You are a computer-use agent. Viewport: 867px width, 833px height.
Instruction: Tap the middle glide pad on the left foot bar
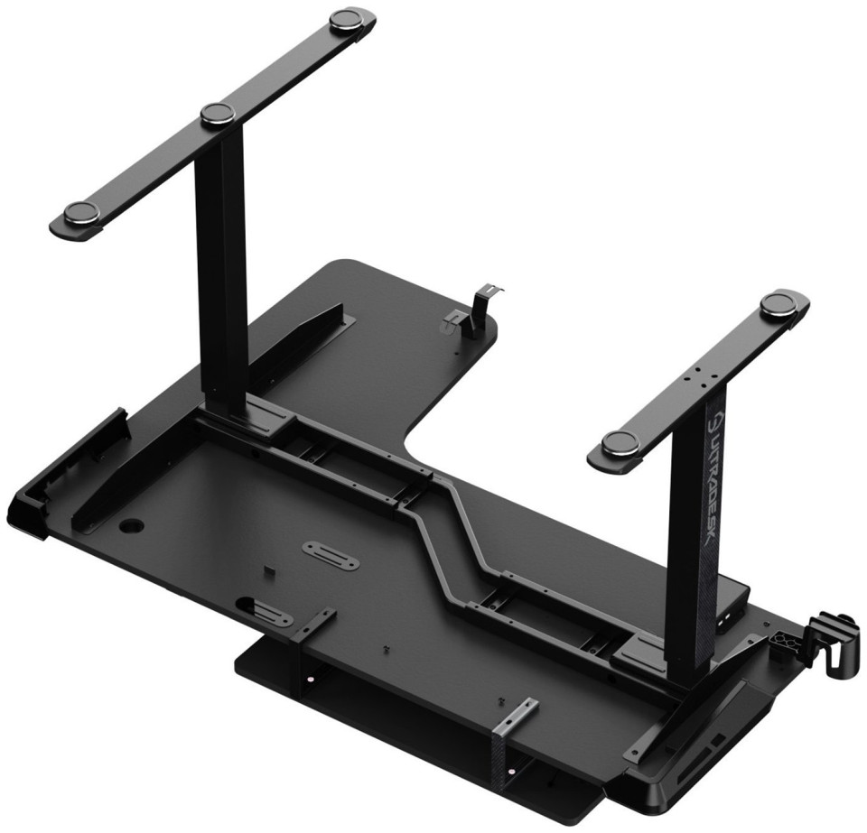pyautogui.click(x=218, y=115)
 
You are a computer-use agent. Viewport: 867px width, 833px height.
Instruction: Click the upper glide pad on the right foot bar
pyautogui.click(x=778, y=305)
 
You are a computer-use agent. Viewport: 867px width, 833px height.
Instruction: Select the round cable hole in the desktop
pyautogui.click(x=132, y=524)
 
